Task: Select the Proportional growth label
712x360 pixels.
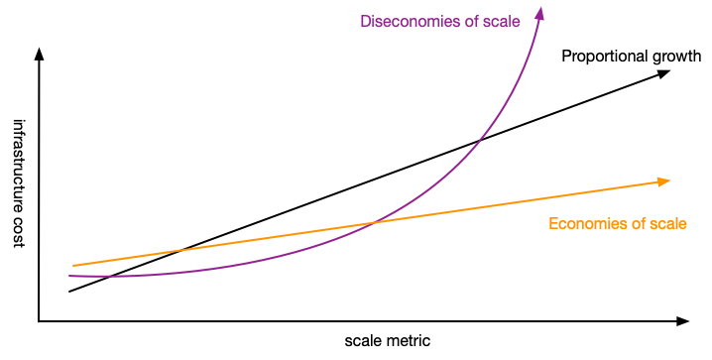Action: click(x=631, y=57)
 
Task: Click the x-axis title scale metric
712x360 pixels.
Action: click(x=388, y=340)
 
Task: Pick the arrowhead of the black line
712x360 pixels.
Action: click(x=667, y=74)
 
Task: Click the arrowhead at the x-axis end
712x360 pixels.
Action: click(x=682, y=321)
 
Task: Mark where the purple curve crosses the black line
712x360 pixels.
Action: click(x=481, y=140)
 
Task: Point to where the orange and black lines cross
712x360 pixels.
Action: click(x=178, y=250)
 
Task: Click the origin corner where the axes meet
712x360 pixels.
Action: click(x=39, y=321)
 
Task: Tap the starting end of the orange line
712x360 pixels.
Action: click(x=73, y=266)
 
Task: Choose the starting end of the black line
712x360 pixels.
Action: click(x=69, y=292)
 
